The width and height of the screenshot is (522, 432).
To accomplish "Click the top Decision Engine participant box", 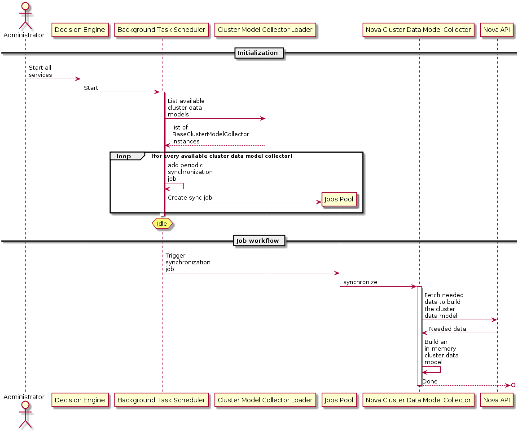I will point(81,30).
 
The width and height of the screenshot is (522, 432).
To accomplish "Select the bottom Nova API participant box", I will point(497,400).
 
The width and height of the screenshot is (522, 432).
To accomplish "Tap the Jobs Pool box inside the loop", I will point(339,199).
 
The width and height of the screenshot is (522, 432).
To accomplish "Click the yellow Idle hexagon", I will point(162,223).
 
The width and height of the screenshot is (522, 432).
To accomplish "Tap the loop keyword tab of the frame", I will point(124,156).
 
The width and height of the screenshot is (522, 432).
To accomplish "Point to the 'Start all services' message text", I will point(40,71).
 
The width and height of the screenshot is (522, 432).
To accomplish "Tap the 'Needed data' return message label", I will point(447,329).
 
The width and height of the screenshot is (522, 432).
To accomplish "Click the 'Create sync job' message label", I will point(190,197).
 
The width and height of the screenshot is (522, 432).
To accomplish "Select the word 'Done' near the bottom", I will point(430,381).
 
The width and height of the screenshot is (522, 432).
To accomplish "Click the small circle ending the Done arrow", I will point(513,385).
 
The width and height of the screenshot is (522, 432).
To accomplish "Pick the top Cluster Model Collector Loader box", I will point(265,30).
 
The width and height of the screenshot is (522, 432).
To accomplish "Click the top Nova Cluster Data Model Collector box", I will point(419,30).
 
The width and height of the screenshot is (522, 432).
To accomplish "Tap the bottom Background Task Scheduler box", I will point(162,400).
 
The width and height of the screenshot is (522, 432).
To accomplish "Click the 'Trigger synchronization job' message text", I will point(188,262).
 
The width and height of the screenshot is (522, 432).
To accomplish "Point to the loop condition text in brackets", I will point(222,156).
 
